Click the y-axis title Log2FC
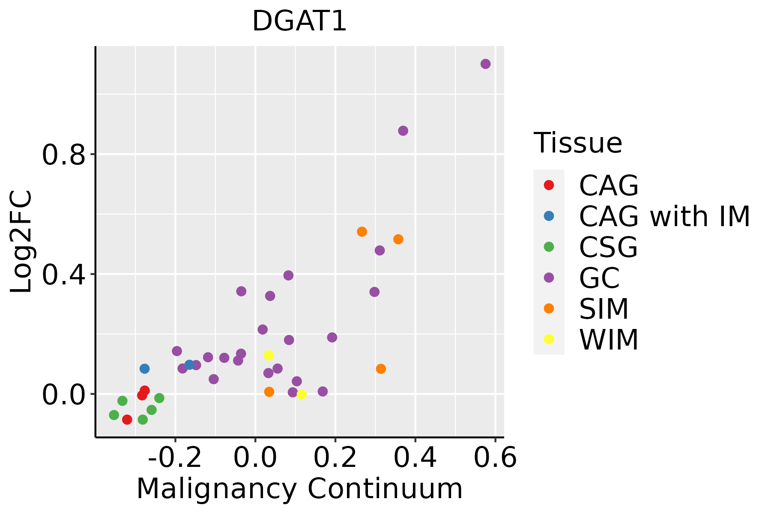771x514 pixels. pyautogui.click(x=21, y=242)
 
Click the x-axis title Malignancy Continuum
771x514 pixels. pyautogui.click(x=299, y=489)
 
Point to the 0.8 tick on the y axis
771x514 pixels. pyautogui.click(x=63, y=155)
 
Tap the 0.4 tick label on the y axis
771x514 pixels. pyautogui.click(x=63, y=274)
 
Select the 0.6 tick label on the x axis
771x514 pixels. pyautogui.click(x=495, y=458)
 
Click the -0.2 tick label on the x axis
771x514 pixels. pyautogui.click(x=175, y=458)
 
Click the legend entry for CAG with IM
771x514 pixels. pyautogui.click(x=664, y=216)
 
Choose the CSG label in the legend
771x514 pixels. pyautogui.click(x=608, y=247)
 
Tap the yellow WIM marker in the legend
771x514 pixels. pyautogui.click(x=549, y=339)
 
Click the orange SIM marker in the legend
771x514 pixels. pyautogui.click(x=549, y=308)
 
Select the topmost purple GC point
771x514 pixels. pyautogui.click(x=485, y=64)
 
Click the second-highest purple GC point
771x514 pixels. pyautogui.click(x=403, y=131)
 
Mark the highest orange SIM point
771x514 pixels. pyautogui.click(x=362, y=232)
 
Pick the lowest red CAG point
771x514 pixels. pyautogui.click(x=127, y=419)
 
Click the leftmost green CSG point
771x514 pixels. pyautogui.click(x=114, y=415)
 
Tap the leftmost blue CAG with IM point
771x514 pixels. pyautogui.click(x=144, y=368)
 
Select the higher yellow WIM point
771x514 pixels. pyautogui.click(x=269, y=355)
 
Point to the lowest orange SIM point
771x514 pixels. pyautogui.click(x=269, y=391)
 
